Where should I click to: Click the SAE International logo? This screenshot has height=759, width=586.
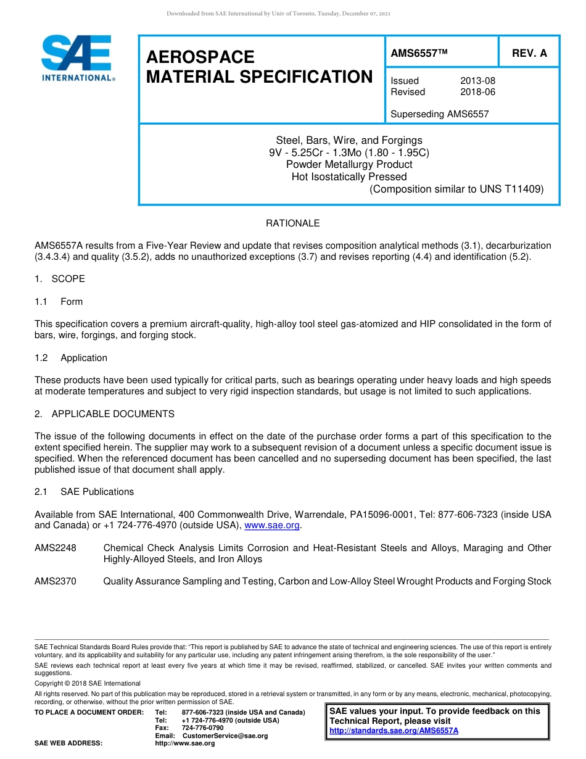click(77, 57)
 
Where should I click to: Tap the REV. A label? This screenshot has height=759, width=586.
click(529, 53)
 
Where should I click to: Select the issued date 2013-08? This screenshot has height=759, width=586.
click(477, 81)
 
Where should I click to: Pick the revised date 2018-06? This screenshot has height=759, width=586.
click(477, 92)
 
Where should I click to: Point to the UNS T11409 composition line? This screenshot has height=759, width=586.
click(456, 189)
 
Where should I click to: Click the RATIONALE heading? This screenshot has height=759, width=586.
click(292, 223)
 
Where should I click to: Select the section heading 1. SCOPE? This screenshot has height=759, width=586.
click(60, 279)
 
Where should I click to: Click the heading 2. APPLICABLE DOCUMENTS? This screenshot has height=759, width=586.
click(104, 414)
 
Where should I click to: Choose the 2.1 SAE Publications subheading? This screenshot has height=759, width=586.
click(84, 492)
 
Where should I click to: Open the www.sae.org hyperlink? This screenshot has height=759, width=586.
click(272, 526)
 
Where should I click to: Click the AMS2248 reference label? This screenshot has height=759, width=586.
click(56, 548)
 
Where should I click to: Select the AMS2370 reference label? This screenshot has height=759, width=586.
click(56, 581)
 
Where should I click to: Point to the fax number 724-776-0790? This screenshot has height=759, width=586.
click(202, 728)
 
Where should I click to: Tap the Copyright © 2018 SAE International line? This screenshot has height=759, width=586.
click(88, 683)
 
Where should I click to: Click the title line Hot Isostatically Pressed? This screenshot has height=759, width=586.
click(349, 177)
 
